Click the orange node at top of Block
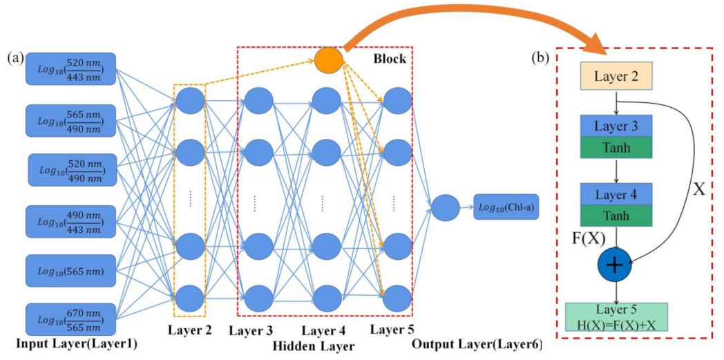pyautogui.click(x=329, y=59)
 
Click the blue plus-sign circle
pyautogui.click(x=615, y=265)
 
